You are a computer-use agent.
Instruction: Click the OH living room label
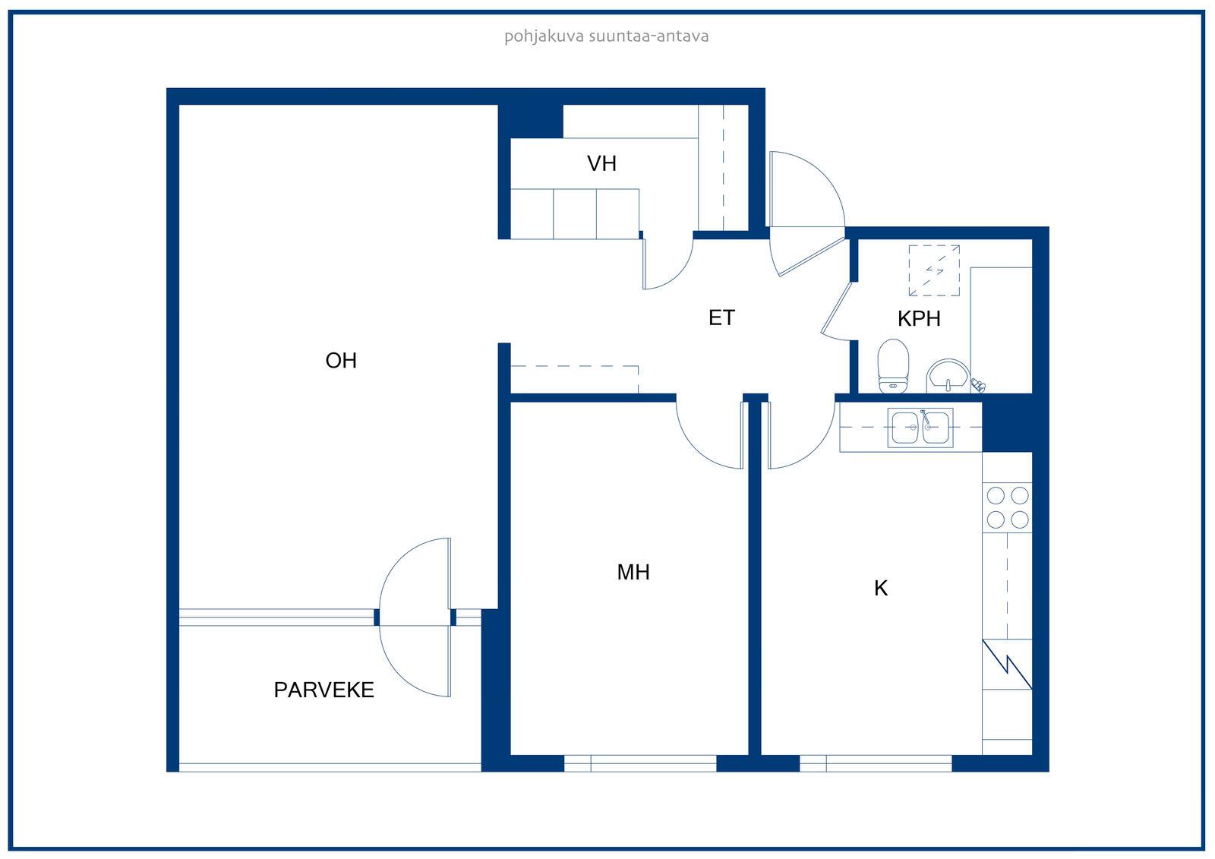pyautogui.click(x=341, y=361)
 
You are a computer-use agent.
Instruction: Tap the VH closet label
pyautogui.click(x=601, y=164)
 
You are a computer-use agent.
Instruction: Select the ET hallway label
pyautogui.click(x=721, y=318)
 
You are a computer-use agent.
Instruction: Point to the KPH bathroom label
pyautogui.click(x=919, y=319)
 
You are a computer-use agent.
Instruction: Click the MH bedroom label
pyautogui.click(x=633, y=573)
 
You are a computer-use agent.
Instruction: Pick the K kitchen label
pyautogui.click(x=881, y=589)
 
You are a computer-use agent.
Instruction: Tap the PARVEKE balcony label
pyautogui.click(x=323, y=690)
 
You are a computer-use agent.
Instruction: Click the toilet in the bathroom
pyautogui.click(x=893, y=366)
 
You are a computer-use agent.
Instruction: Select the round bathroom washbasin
pyautogui.click(x=948, y=375)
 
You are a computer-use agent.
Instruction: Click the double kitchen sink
pyautogui.click(x=920, y=428)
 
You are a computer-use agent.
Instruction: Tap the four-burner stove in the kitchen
pyautogui.click(x=1007, y=507)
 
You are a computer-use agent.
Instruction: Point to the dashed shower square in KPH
pyautogui.click(x=934, y=270)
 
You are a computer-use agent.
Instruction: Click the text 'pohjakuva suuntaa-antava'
pyautogui.click(x=607, y=37)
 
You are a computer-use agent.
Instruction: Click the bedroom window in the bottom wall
pyautogui.click(x=640, y=763)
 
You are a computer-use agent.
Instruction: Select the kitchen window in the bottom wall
pyautogui.click(x=876, y=763)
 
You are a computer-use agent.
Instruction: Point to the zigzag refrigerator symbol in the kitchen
pyautogui.click(x=1007, y=665)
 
